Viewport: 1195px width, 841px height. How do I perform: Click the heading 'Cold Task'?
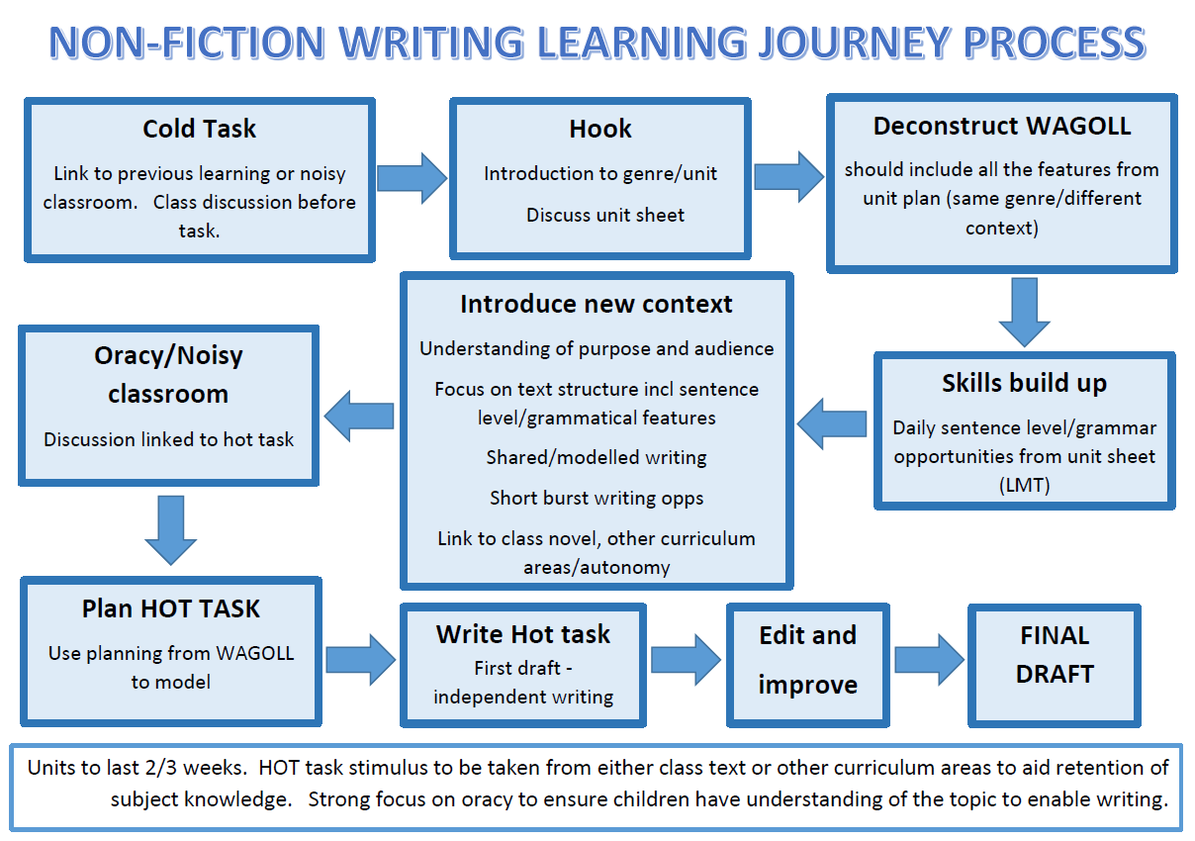pos(199,129)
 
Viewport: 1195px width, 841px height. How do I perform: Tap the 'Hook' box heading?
pos(600,129)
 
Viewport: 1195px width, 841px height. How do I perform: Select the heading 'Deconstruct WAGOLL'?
pos(1002,126)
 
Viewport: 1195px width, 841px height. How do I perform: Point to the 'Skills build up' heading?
pos(1024,383)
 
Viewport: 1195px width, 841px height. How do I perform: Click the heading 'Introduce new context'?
pos(597,304)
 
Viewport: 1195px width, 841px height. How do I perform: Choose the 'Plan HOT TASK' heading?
pos(171,608)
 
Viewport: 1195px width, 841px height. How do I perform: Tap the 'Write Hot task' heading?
pos(522,634)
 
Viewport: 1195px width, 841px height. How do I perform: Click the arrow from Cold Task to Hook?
pos(412,178)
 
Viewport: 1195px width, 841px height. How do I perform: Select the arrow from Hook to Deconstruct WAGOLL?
pos(789,177)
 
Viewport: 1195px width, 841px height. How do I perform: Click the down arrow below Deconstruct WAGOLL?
pos(1024,313)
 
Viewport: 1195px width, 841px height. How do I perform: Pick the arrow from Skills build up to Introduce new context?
pos(832,423)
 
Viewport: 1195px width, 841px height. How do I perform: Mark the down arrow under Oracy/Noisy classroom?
pos(171,530)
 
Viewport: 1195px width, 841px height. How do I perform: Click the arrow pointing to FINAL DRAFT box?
pos(930,660)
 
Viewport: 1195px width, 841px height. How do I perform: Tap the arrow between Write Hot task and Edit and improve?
pos(687,660)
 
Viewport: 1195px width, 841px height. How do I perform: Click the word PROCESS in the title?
pos(1055,43)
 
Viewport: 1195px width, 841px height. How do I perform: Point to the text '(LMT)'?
pos(1024,485)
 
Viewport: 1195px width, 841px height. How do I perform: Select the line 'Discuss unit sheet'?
pos(605,215)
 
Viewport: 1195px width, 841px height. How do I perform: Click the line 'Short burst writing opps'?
pos(597,499)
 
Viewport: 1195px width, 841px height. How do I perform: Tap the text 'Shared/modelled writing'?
pos(597,458)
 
